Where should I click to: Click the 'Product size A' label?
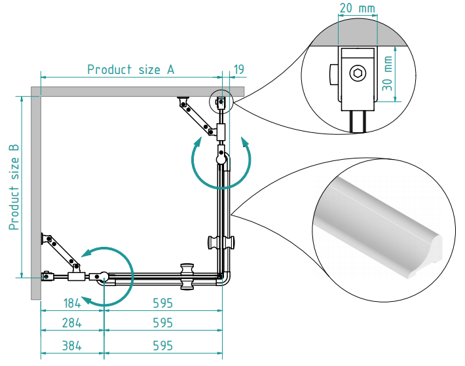pyautogui.click(x=131, y=69)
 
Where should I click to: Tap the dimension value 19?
pyautogui.click(x=239, y=69)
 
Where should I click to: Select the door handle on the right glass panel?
pyautogui.click(x=223, y=242)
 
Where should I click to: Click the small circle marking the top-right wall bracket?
pyautogui.click(x=221, y=101)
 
